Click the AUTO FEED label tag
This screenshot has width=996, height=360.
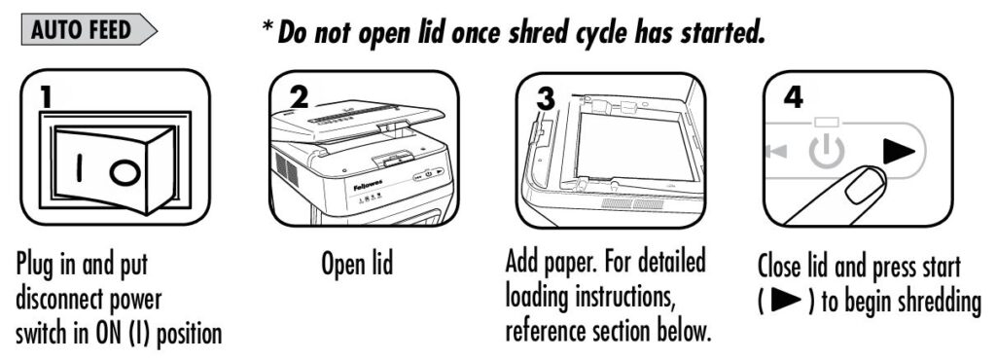coord(89,29)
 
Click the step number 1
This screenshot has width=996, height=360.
coord(47,96)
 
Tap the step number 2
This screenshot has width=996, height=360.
coord(299,96)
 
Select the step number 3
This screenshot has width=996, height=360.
coord(546,97)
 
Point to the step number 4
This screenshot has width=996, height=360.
coord(794,96)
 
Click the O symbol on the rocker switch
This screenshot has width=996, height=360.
coord(124,172)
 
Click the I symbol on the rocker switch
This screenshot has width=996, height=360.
coord(80,168)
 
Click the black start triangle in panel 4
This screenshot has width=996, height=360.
coord(899,152)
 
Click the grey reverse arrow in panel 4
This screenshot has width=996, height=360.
coord(776,151)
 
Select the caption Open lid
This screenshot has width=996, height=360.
coord(358,263)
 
